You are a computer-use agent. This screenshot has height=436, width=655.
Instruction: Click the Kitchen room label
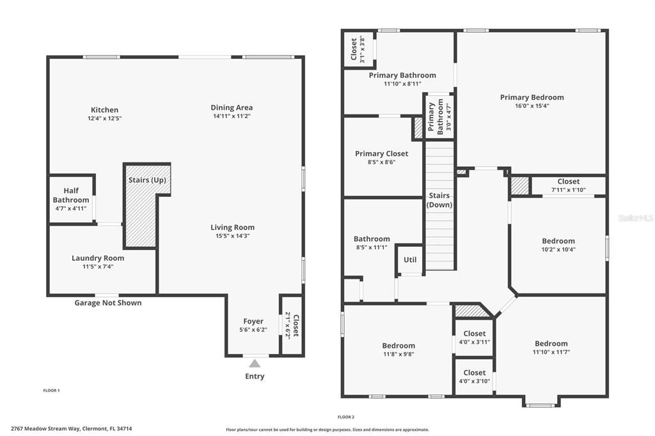[x=104, y=110]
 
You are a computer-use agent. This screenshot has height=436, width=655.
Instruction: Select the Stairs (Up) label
[x=146, y=180]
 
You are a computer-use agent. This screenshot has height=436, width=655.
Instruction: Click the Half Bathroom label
[x=70, y=196]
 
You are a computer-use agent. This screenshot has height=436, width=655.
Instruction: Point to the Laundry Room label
[x=98, y=258]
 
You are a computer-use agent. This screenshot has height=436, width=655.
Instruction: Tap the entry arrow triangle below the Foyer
[x=255, y=363]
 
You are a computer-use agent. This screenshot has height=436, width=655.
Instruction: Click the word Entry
[x=255, y=377]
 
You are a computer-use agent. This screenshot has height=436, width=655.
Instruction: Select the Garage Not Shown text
[x=108, y=303]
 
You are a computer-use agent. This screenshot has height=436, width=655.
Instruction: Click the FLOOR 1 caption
[x=51, y=390]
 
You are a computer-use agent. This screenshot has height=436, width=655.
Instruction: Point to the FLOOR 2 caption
[x=346, y=417]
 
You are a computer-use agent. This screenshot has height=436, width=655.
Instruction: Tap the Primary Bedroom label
[x=532, y=98]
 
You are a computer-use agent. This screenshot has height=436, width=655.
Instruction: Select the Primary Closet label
[x=381, y=153]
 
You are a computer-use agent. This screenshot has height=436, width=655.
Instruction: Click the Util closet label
[x=409, y=260]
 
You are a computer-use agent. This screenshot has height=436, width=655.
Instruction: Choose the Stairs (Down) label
[x=439, y=200]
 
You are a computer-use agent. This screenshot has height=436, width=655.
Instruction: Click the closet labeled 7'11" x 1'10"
[x=568, y=190]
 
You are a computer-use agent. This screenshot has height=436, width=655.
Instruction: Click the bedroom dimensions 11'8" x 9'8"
[x=399, y=354]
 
